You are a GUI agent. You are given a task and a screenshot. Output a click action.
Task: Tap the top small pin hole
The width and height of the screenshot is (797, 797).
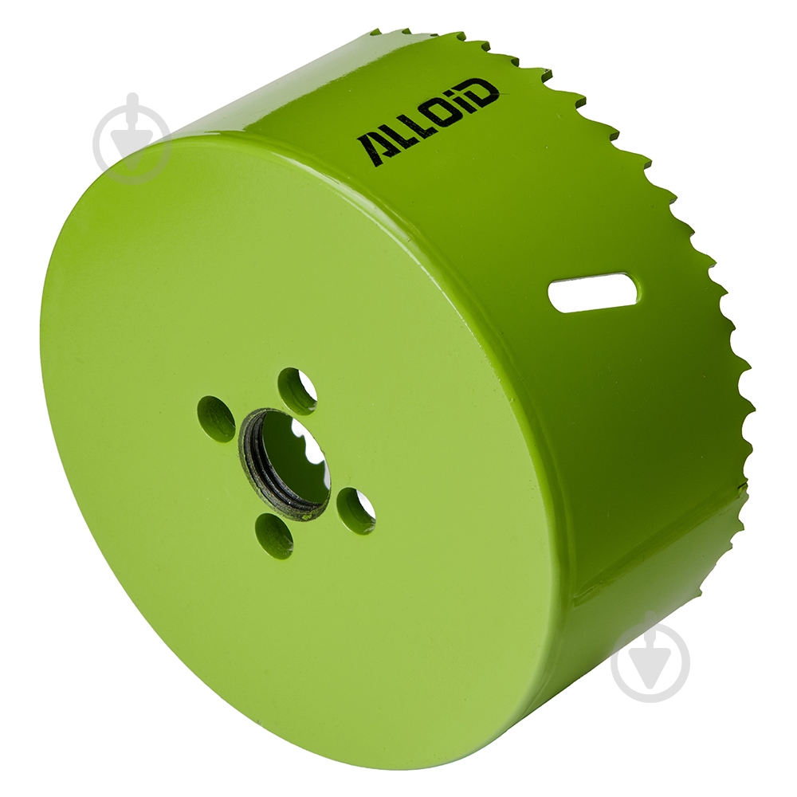click(298, 386)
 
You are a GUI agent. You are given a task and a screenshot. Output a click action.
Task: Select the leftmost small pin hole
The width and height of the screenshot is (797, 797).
click(217, 418)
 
